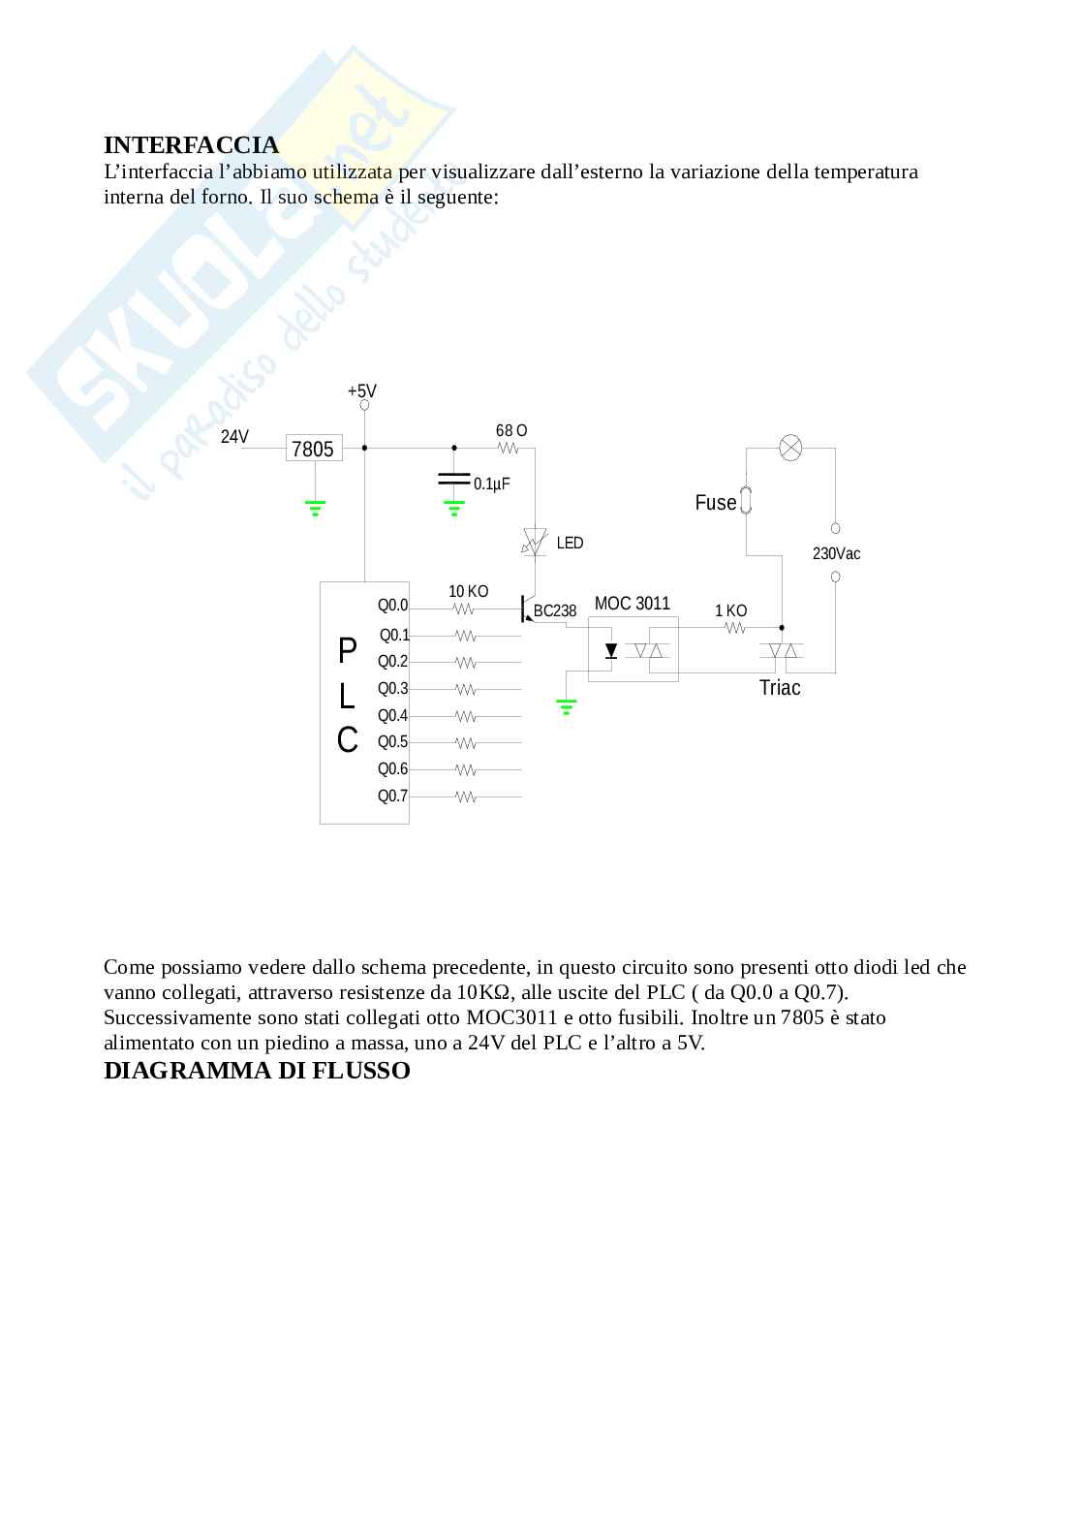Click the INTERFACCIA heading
pos(191,145)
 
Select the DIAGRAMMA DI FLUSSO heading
pos(257,1071)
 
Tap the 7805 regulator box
pos(314,449)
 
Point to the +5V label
pos(361,391)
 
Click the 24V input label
pos(234,437)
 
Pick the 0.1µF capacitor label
pos(491,484)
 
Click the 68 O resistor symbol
pos(509,449)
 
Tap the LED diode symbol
pos(534,542)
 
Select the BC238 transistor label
pos(555,611)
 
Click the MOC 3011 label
pos(632,604)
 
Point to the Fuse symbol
pos(746,501)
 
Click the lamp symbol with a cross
pos(791,448)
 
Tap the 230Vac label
pos(836,554)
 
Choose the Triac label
pos(780,688)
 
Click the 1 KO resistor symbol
pos(735,628)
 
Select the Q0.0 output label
pos(393,606)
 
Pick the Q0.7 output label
pos(393,796)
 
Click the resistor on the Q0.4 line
pos(466,716)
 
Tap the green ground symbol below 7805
pos(314,507)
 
